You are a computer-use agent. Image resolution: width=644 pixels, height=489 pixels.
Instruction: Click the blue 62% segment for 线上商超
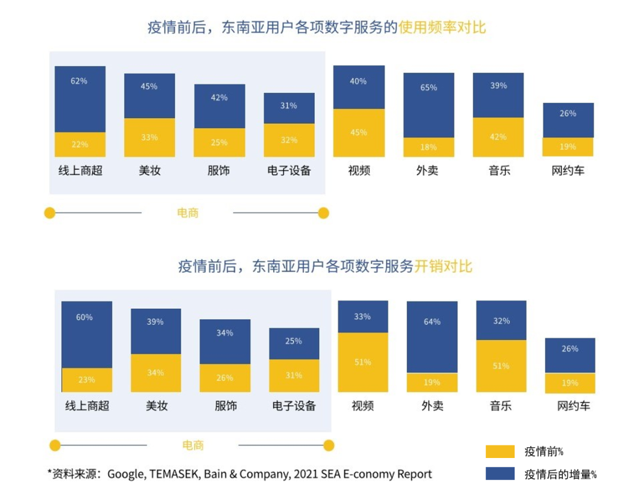[80, 99]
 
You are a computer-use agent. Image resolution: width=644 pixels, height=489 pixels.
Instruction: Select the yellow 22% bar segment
[80, 144]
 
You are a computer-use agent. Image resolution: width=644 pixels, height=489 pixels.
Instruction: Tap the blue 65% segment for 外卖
[428, 105]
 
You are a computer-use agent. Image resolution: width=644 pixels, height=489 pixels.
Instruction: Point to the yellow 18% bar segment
[428, 147]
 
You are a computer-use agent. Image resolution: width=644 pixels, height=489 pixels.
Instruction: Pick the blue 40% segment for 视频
[358, 87]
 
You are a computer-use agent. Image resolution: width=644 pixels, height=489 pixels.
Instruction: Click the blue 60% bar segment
[86, 334]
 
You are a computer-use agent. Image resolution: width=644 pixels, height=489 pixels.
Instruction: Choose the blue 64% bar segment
[432, 337]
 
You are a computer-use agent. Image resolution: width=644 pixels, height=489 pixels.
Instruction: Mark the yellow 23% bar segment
[86, 380]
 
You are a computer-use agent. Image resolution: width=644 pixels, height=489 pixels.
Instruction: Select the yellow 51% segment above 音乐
[501, 366]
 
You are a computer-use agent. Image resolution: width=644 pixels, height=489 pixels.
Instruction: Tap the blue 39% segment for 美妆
[156, 331]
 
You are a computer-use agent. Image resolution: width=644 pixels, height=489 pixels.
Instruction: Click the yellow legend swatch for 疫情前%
[500, 451]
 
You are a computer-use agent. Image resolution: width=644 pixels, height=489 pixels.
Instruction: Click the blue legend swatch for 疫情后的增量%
[500, 473]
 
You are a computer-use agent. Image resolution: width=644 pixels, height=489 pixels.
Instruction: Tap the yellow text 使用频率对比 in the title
[442, 27]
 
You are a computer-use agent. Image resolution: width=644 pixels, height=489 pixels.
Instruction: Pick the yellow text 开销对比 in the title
[443, 266]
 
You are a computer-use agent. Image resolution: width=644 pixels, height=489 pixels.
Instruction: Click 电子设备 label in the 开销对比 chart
[294, 406]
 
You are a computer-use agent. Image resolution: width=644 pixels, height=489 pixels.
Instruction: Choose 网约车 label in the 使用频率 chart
[568, 171]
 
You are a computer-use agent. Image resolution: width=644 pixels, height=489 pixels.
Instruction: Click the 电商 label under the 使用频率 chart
[188, 213]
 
